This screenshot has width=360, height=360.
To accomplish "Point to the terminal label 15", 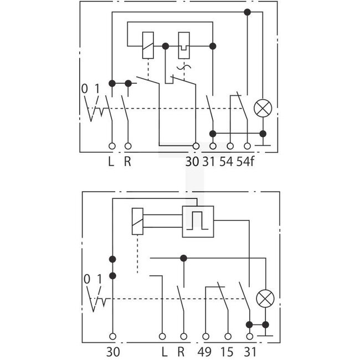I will pyautogui.click(x=227, y=352).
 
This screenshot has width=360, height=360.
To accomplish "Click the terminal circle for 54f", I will pyautogui.click(x=247, y=146).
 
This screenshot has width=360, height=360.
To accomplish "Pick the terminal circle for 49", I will pyautogui.click(x=207, y=336).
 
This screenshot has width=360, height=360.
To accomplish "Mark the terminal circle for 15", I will pyautogui.click(x=227, y=336).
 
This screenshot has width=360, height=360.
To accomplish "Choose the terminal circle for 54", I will pyautogui.click(x=230, y=146).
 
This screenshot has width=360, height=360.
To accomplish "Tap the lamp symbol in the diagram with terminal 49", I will pyautogui.click(x=265, y=300).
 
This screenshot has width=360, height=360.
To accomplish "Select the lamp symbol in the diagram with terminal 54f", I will pyautogui.click(x=263, y=108).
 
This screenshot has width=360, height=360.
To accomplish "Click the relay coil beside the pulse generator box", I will pyautogui.click(x=138, y=220).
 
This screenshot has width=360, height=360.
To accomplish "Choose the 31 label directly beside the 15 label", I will pyautogui.click(x=250, y=352).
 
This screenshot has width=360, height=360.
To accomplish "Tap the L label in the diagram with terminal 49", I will pyautogui.click(x=163, y=352).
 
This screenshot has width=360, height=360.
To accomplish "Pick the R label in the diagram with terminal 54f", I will pyautogui.click(x=128, y=162).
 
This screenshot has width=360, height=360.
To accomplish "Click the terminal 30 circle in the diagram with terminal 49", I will pyautogui.click(x=113, y=336).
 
